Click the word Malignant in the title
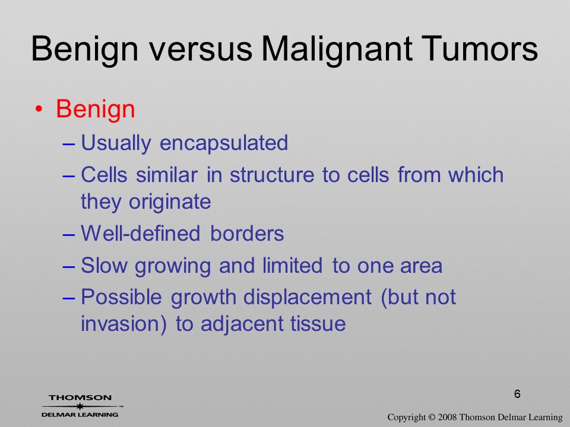[337, 49]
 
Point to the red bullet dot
[39, 109]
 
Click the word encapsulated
[224, 144]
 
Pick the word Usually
[116, 144]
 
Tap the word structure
[272, 175]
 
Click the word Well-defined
[140, 233]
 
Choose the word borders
[247, 233]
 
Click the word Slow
[104, 265]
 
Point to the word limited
[293, 265]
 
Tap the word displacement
[307, 298]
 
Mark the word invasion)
[123, 324]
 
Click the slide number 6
[517, 394]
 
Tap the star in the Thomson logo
[80, 406]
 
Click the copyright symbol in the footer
[432, 418]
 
